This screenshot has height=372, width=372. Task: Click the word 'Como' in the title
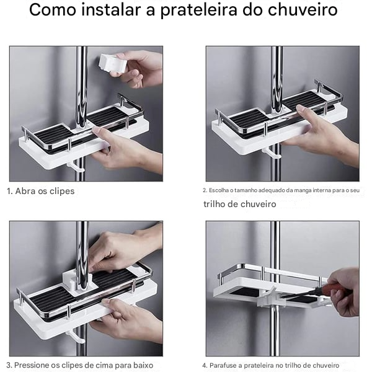(52, 11)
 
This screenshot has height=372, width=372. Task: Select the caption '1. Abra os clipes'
(40, 191)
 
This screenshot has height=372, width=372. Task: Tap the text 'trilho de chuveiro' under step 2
(240, 204)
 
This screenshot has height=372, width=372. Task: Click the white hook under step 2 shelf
(270, 153)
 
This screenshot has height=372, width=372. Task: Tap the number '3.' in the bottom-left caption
(9, 365)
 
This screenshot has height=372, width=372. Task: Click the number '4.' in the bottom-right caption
(205, 365)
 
